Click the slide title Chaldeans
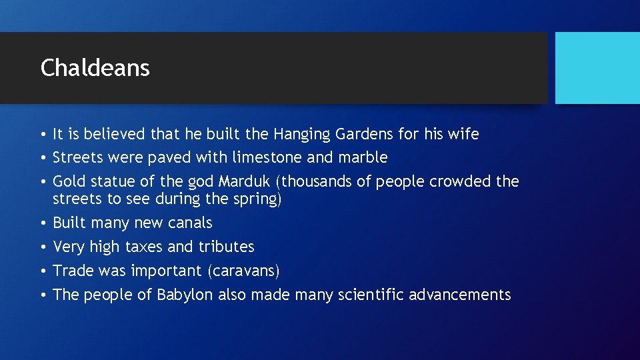pyautogui.click(x=95, y=68)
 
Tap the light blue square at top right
pyautogui.click(x=597, y=68)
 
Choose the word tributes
pyautogui.click(x=226, y=247)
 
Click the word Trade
pyautogui.click(x=71, y=271)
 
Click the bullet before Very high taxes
pyautogui.click(x=43, y=247)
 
